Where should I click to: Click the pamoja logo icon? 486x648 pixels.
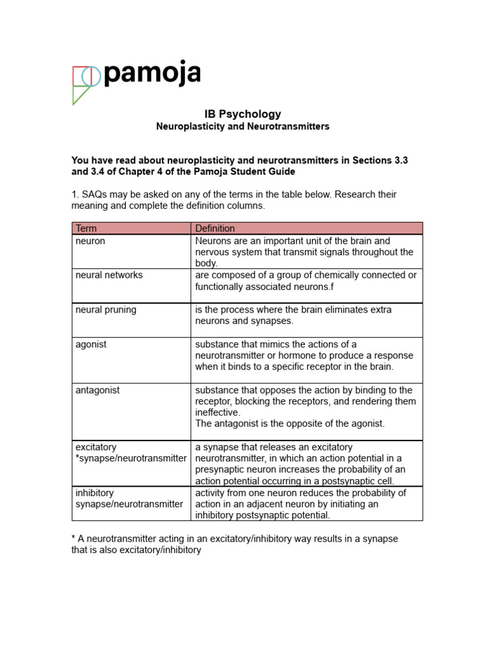tap(85, 84)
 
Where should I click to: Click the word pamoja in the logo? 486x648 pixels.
tap(152, 75)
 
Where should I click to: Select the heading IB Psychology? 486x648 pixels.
tap(243, 114)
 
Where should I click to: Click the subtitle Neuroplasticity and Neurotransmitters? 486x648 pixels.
tap(243, 127)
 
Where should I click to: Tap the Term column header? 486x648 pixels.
tap(86, 228)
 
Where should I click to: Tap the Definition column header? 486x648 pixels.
tap(215, 228)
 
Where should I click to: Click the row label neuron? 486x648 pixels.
tap(90, 241)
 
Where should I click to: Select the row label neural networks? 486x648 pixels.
tap(109, 275)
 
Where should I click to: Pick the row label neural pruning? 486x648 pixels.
tap(106, 310)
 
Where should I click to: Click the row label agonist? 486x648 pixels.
tap(92, 344)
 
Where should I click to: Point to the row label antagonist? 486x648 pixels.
tap(97, 390)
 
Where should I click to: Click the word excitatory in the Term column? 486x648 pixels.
tap(96, 447)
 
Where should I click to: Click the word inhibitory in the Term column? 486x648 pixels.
tap(94, 493)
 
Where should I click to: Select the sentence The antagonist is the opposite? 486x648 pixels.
tap(290, 423)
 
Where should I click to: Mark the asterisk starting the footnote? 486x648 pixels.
tap(73, 538)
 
